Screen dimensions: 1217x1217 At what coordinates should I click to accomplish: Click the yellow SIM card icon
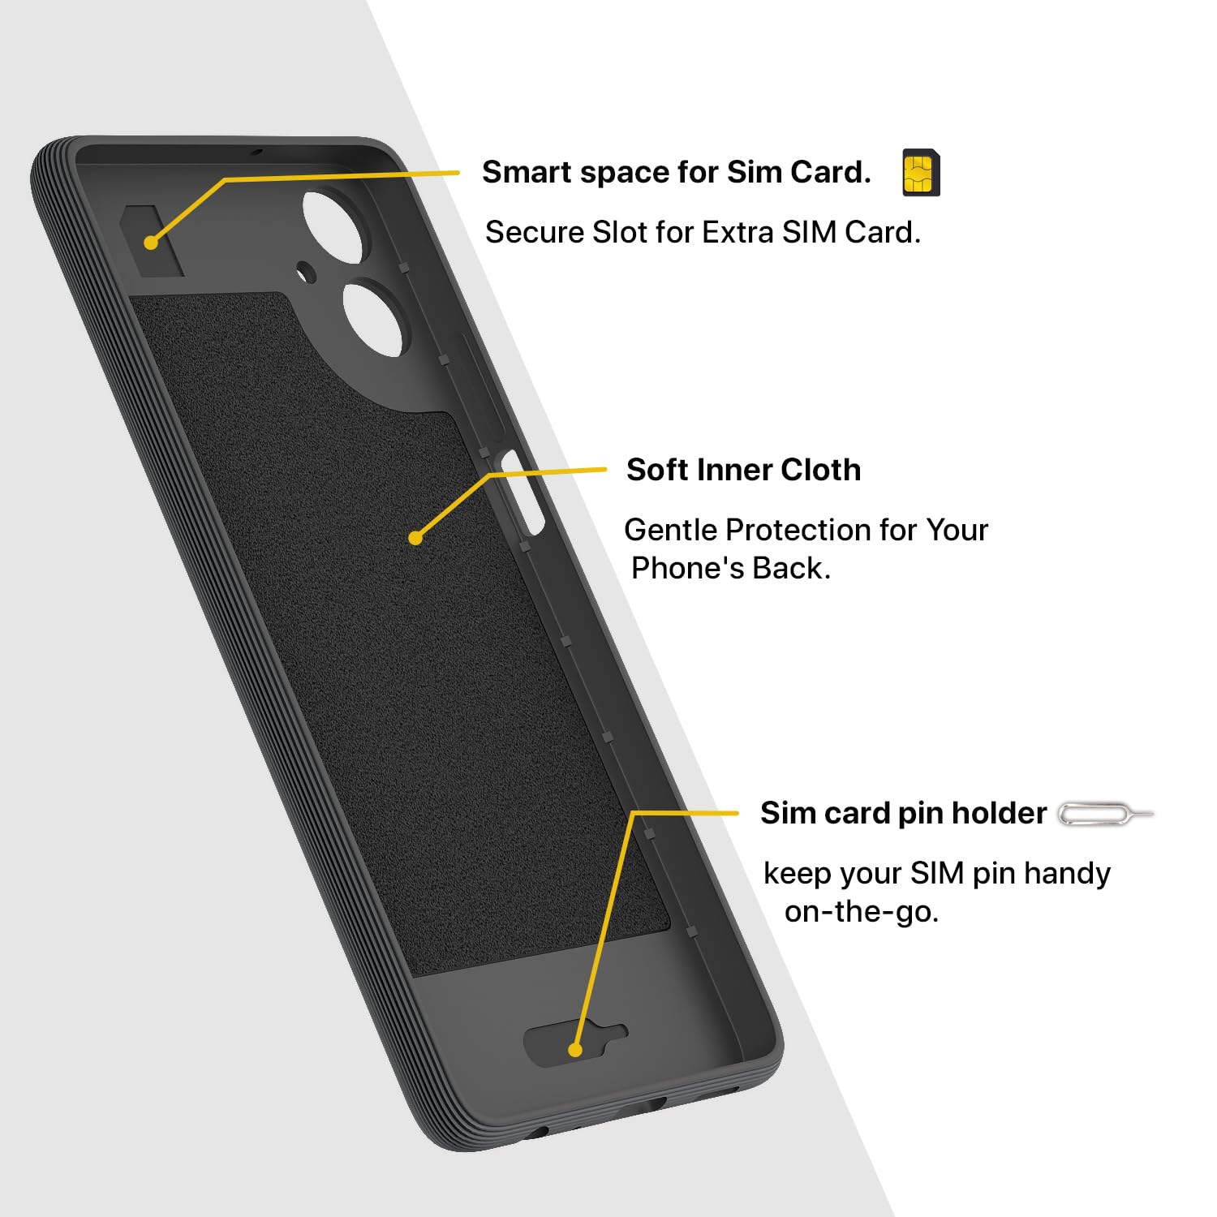pos(921,173)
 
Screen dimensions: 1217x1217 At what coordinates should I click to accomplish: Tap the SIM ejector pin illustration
pos(1105,814)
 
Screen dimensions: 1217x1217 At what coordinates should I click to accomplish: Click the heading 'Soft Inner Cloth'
pos(743,470)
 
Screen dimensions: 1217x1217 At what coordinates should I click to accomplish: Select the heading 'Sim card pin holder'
pos(903,813)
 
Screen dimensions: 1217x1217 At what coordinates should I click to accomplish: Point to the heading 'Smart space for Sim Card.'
pos(676,172)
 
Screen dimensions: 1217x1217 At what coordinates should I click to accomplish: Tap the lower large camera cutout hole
pos(373,318)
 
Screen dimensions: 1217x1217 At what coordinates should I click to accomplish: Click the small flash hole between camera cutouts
pos(306,271)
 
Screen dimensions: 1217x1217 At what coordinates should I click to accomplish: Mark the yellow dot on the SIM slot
pos(151,243)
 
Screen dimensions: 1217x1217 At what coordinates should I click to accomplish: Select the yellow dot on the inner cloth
pos(415,537)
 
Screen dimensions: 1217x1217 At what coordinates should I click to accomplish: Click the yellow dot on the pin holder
pos(575,1050)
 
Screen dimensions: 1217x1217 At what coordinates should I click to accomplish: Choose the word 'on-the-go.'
pos(861,912)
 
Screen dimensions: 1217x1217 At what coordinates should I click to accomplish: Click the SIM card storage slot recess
pos(153,240)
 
